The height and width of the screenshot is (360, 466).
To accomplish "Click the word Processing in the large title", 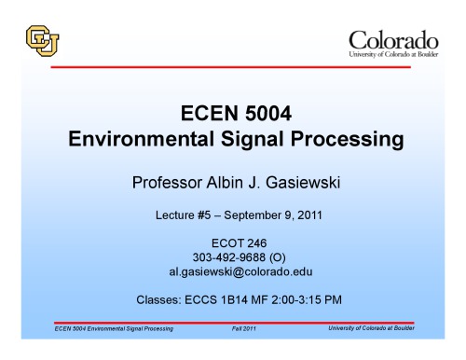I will pos(355,142).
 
